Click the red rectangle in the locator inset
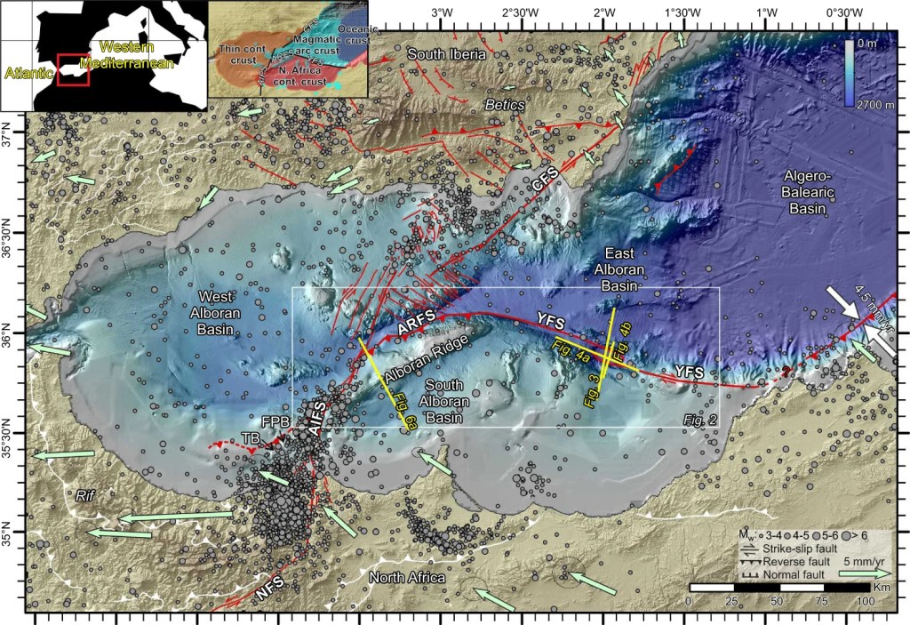72,70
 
